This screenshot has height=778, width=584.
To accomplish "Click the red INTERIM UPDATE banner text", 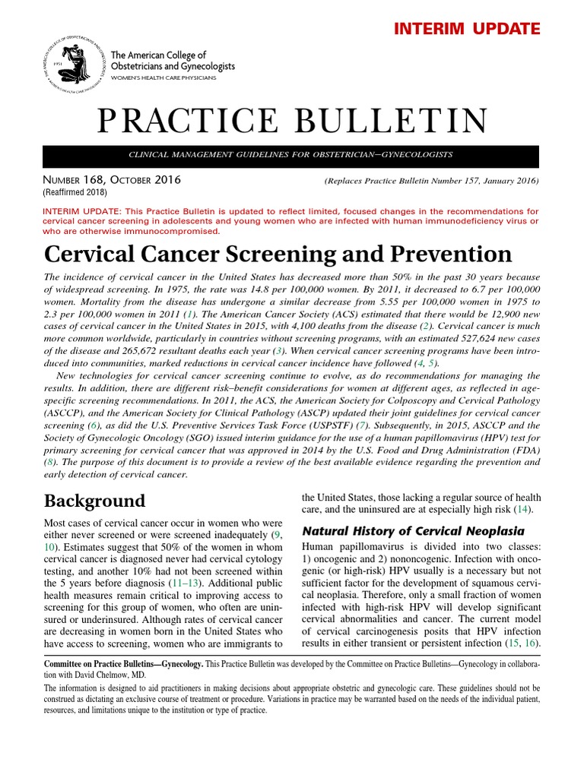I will coord(467,29).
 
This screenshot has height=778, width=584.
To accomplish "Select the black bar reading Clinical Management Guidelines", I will coord(291,155).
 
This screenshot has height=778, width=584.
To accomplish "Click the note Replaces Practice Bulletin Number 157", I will coord(431,181).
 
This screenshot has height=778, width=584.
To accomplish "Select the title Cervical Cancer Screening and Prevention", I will coord(278,253).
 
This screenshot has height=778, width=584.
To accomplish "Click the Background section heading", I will coord(94,501).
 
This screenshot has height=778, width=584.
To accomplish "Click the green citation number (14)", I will coord(522,508).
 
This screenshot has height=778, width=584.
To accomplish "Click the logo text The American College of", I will coord(159,55).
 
